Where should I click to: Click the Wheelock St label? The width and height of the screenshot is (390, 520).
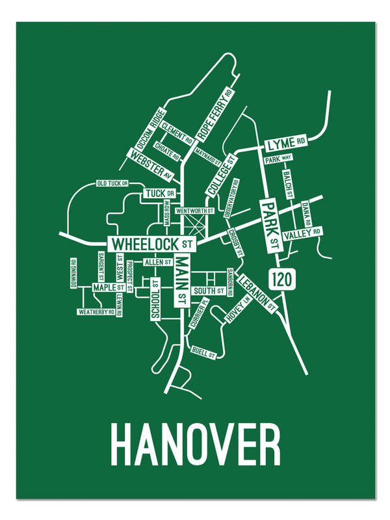point(153,244)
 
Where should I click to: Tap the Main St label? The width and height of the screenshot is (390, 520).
point(181,279)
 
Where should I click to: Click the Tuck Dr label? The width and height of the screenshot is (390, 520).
point(159,194)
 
